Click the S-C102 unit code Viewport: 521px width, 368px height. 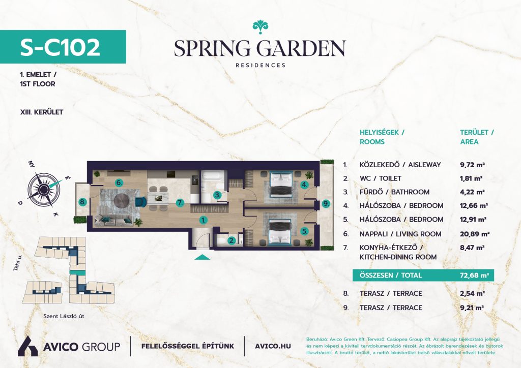click(60, 47)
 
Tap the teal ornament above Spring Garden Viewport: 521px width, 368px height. click(260, 26)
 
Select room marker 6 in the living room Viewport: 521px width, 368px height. click(119, 182)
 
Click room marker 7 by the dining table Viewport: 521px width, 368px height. click(180, 202)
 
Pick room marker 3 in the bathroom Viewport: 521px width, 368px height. click(217, 195)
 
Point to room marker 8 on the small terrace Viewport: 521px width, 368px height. click(82, 202)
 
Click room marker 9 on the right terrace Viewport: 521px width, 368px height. click(326, 203)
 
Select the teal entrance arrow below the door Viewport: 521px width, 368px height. click(202, 257)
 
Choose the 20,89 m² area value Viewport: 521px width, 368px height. click(475, 234)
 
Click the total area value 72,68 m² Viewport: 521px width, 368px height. click(474, 275)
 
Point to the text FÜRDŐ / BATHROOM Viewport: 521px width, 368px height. click(394, 192)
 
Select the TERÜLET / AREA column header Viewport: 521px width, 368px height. click(477, 137)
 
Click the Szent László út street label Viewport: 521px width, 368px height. click(64, 316)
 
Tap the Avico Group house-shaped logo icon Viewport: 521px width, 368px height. click(28, 346)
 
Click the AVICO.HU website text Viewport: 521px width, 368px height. click(273, 346)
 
